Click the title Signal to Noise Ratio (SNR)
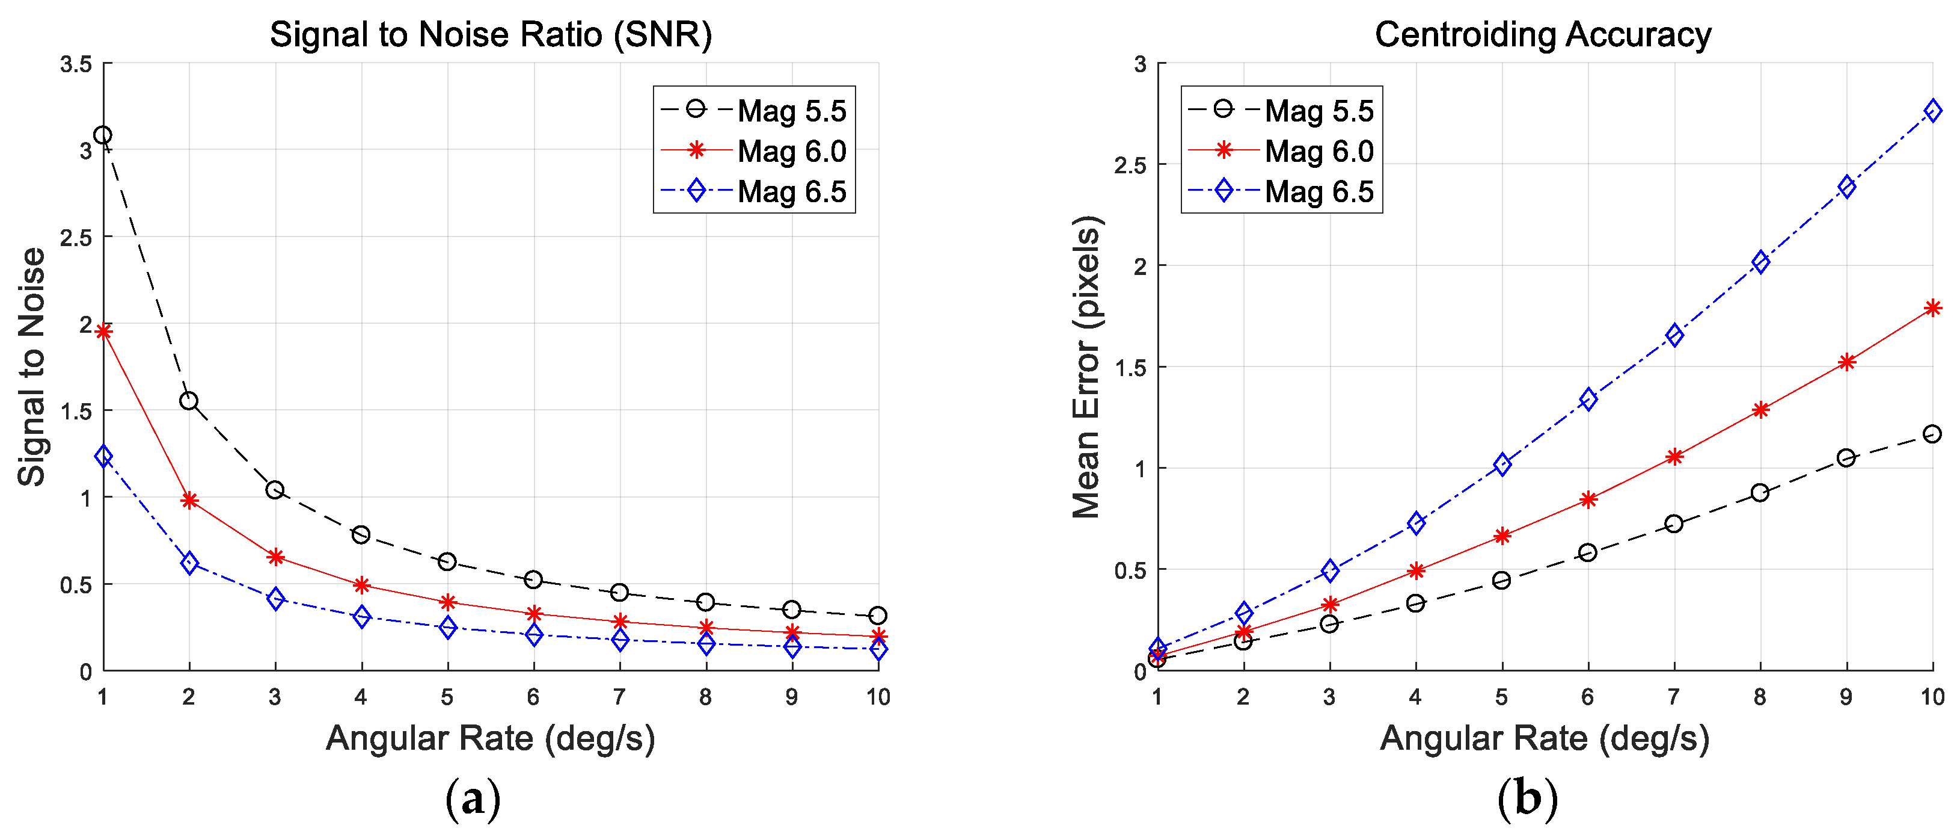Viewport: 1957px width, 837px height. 491,35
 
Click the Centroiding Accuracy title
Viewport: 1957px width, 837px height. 1543,35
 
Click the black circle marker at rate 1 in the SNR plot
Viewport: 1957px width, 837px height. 103,135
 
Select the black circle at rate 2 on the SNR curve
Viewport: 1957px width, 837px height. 188,401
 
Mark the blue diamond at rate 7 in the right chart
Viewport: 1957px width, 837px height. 1674,335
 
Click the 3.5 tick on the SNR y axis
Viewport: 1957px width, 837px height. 76,64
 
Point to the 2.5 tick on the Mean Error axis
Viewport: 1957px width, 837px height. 1130,165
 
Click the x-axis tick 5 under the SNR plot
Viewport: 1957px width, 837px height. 447,696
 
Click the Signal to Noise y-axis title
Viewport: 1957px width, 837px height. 32,367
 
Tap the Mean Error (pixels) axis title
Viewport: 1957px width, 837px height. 1086,367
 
